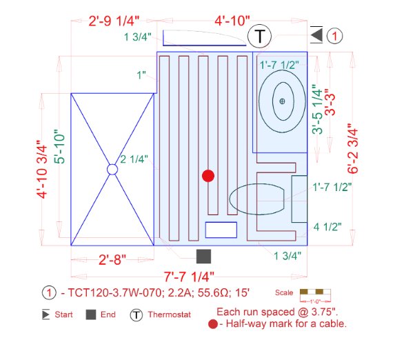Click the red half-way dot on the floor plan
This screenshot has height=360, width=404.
coord(208,176)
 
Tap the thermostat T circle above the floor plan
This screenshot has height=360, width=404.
coord(259,36)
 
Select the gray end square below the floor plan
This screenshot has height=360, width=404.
coord(203,257)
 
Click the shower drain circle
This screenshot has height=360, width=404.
coord(112,169)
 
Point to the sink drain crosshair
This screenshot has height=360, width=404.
coord(283,101)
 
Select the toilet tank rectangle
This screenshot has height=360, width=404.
coord(299,199)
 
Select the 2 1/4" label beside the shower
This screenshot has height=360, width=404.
coord(133,160)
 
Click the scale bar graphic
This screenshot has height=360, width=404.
coord(314,292)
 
